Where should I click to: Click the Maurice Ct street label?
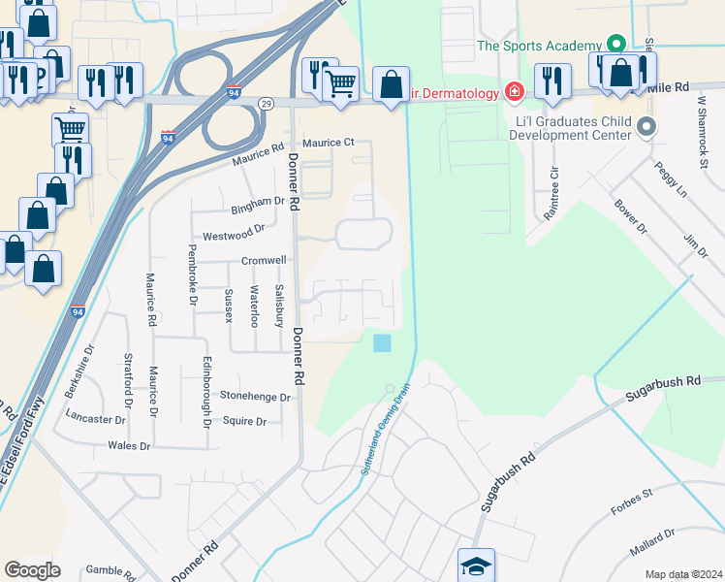(329, 143)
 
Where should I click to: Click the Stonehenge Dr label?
(255, 397)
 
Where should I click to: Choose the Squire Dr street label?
(244, 421)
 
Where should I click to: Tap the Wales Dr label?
(130, 446)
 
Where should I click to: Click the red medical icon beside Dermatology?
(515, 92)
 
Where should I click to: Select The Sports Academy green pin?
(614, 45)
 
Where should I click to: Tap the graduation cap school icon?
(476, 564)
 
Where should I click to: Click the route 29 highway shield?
(265, 102)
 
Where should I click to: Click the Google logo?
(32, 570)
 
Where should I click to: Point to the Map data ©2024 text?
(683, 574)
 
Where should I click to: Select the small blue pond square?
(383, 342)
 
